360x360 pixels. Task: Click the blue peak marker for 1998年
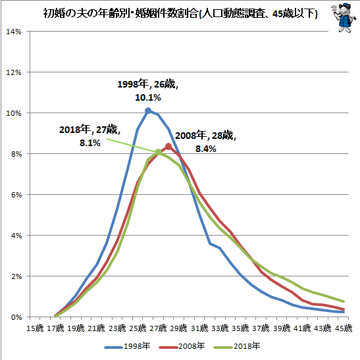pos(148,111)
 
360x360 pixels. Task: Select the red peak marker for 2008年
pos(168,146)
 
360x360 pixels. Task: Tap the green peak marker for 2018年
pos(158,152)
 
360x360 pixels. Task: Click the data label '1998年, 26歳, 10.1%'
pos(148,91)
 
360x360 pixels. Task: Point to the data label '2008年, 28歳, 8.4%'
pos(205,142)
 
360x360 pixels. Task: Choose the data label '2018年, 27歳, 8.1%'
pos(90,136)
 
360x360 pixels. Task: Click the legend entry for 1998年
pos(128,346)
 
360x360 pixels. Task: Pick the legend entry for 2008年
pos(182,346)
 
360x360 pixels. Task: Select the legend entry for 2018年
pos(237,346)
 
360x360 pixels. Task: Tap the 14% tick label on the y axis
pos(14,32)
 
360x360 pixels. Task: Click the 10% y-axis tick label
pos(14,113)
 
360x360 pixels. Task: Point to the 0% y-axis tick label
pos(16,317)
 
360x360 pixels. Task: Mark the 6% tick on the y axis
pos(16,195)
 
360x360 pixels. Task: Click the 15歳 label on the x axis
pos(35,328)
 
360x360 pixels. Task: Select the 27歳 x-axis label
pos(158,328)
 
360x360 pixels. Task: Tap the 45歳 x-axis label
pos(344,328)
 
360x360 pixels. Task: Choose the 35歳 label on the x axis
pos(240,328)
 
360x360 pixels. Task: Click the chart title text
pos(180,14)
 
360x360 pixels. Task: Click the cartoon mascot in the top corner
pos(344,18)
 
